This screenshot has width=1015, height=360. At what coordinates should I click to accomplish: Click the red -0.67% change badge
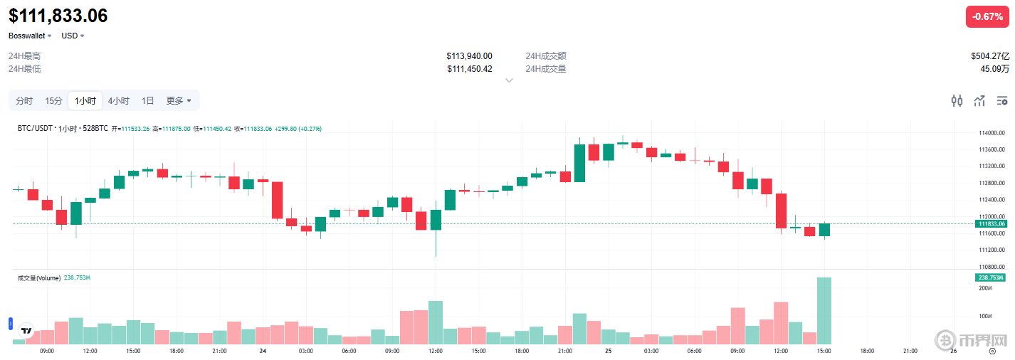[987, 16]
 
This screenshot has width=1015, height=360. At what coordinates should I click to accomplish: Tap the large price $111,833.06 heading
[58, 16]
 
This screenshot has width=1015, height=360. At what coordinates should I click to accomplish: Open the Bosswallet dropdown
[30, 36]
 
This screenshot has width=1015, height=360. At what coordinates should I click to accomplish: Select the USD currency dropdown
[73, 36]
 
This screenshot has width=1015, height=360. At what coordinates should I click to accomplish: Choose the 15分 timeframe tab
[53, 101]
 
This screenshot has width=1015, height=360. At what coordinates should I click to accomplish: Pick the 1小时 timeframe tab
[85, 101]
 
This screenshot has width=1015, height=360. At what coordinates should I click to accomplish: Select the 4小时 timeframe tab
[118, 101]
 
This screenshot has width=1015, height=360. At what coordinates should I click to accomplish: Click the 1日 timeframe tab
[147, 101]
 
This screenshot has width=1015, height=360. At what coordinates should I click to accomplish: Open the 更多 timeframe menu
[178, 101]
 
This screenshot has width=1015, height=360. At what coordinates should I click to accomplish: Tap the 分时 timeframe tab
[24, 101]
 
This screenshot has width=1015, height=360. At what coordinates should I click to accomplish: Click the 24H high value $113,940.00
[469, 56]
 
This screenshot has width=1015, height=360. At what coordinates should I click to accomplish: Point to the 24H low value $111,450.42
[469, 69]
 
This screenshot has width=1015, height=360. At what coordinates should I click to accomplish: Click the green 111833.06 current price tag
[990, 224]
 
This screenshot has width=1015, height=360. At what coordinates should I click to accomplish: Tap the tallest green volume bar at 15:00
[824, 311]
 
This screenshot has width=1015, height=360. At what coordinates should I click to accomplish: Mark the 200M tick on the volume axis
[985, 288]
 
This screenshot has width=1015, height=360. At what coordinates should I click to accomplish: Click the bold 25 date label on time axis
[609, 351]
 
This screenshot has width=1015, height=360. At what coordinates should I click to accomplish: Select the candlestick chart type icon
[957, 101]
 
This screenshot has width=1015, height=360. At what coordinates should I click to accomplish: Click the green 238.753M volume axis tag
[990, 277]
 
